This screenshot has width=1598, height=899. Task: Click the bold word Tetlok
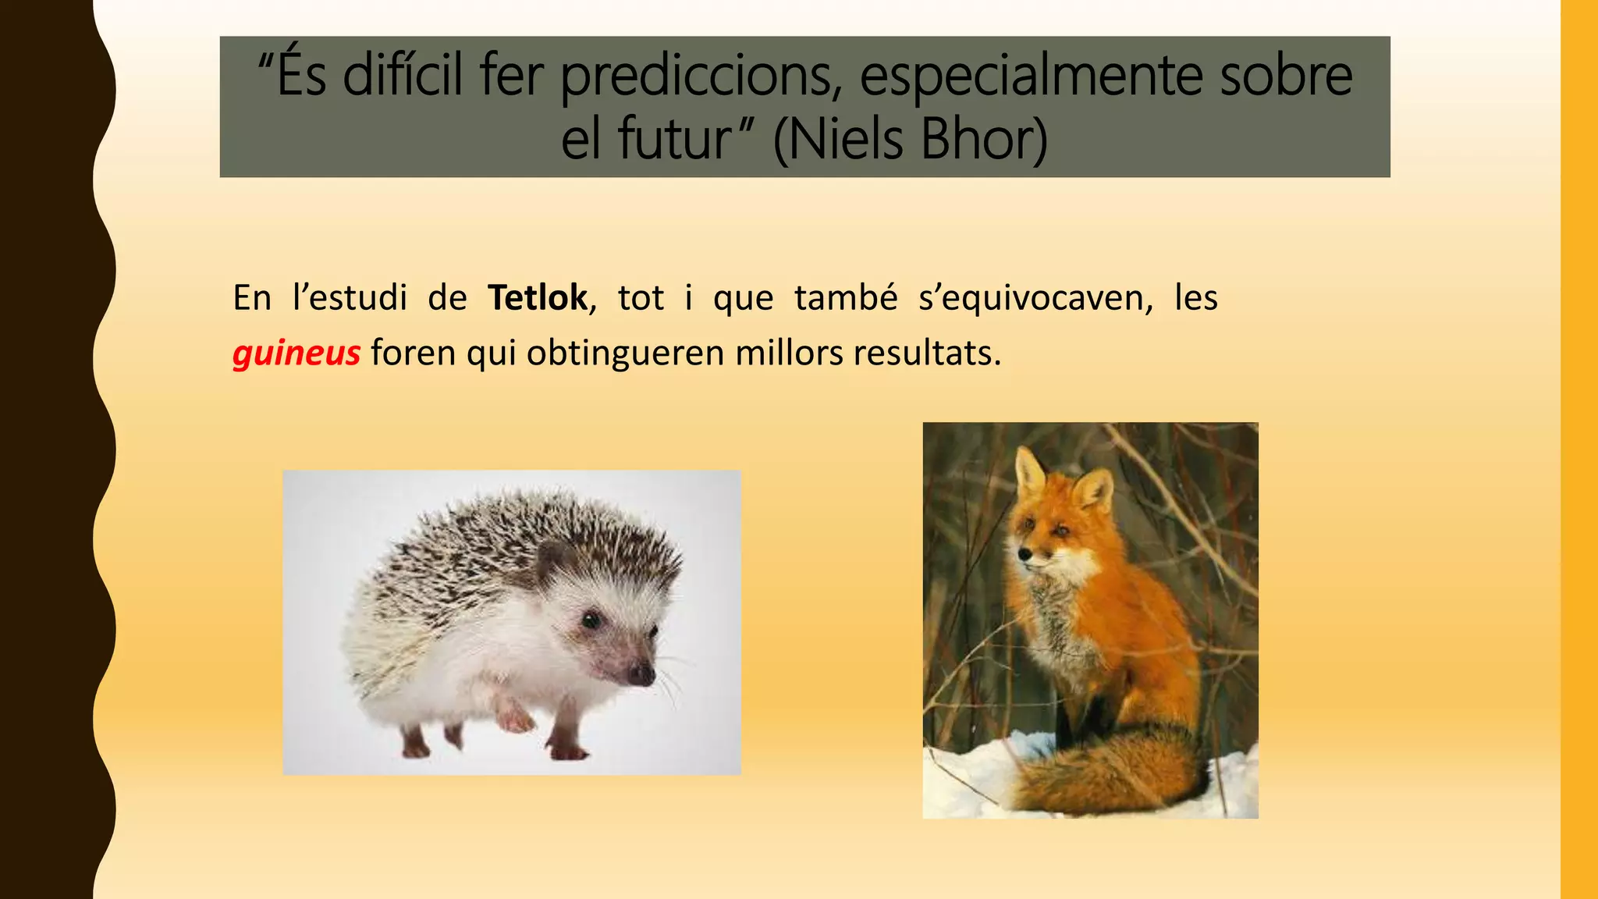pos(537,298)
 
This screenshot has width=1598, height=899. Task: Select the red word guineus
pos(296,354)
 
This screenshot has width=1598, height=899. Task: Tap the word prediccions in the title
pos(701,75)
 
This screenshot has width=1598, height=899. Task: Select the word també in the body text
pos(846,298)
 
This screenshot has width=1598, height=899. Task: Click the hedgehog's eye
pos(591,620)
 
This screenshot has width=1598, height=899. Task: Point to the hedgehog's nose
pos(642,674)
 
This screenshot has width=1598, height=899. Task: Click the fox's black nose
pos(1024,556)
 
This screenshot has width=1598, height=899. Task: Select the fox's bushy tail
pos(1108,773)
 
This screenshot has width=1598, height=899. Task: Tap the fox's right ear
pos(1093,491)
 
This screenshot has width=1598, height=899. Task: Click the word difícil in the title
pos(404,75)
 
